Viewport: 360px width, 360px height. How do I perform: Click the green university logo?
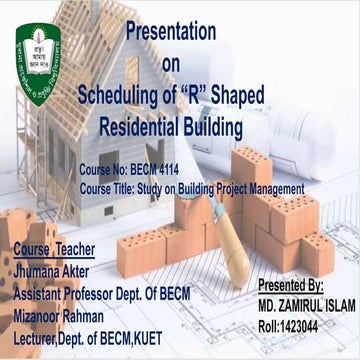click(38, 64)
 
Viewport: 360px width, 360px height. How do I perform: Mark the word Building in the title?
click(207, 128)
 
